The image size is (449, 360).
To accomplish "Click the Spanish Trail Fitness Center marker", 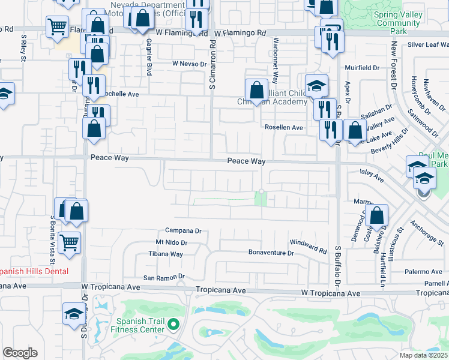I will tap(174, 325).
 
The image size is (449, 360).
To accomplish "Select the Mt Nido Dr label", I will tap(172, 243).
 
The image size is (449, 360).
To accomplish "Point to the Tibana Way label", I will tap(166, 254).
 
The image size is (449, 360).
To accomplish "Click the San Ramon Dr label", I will tap(163, 278).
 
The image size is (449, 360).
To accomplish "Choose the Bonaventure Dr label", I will tap(271, 253).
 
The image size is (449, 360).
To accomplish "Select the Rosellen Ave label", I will tap(284, 128).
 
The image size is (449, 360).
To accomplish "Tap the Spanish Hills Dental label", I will tap(34, 271).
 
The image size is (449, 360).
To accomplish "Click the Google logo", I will tap(20, 353).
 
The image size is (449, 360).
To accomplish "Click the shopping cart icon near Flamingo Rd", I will tap(57, 26).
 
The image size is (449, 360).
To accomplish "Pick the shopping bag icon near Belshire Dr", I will tap(377, 215).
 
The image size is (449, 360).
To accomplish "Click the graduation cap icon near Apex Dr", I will tap(316, 86).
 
